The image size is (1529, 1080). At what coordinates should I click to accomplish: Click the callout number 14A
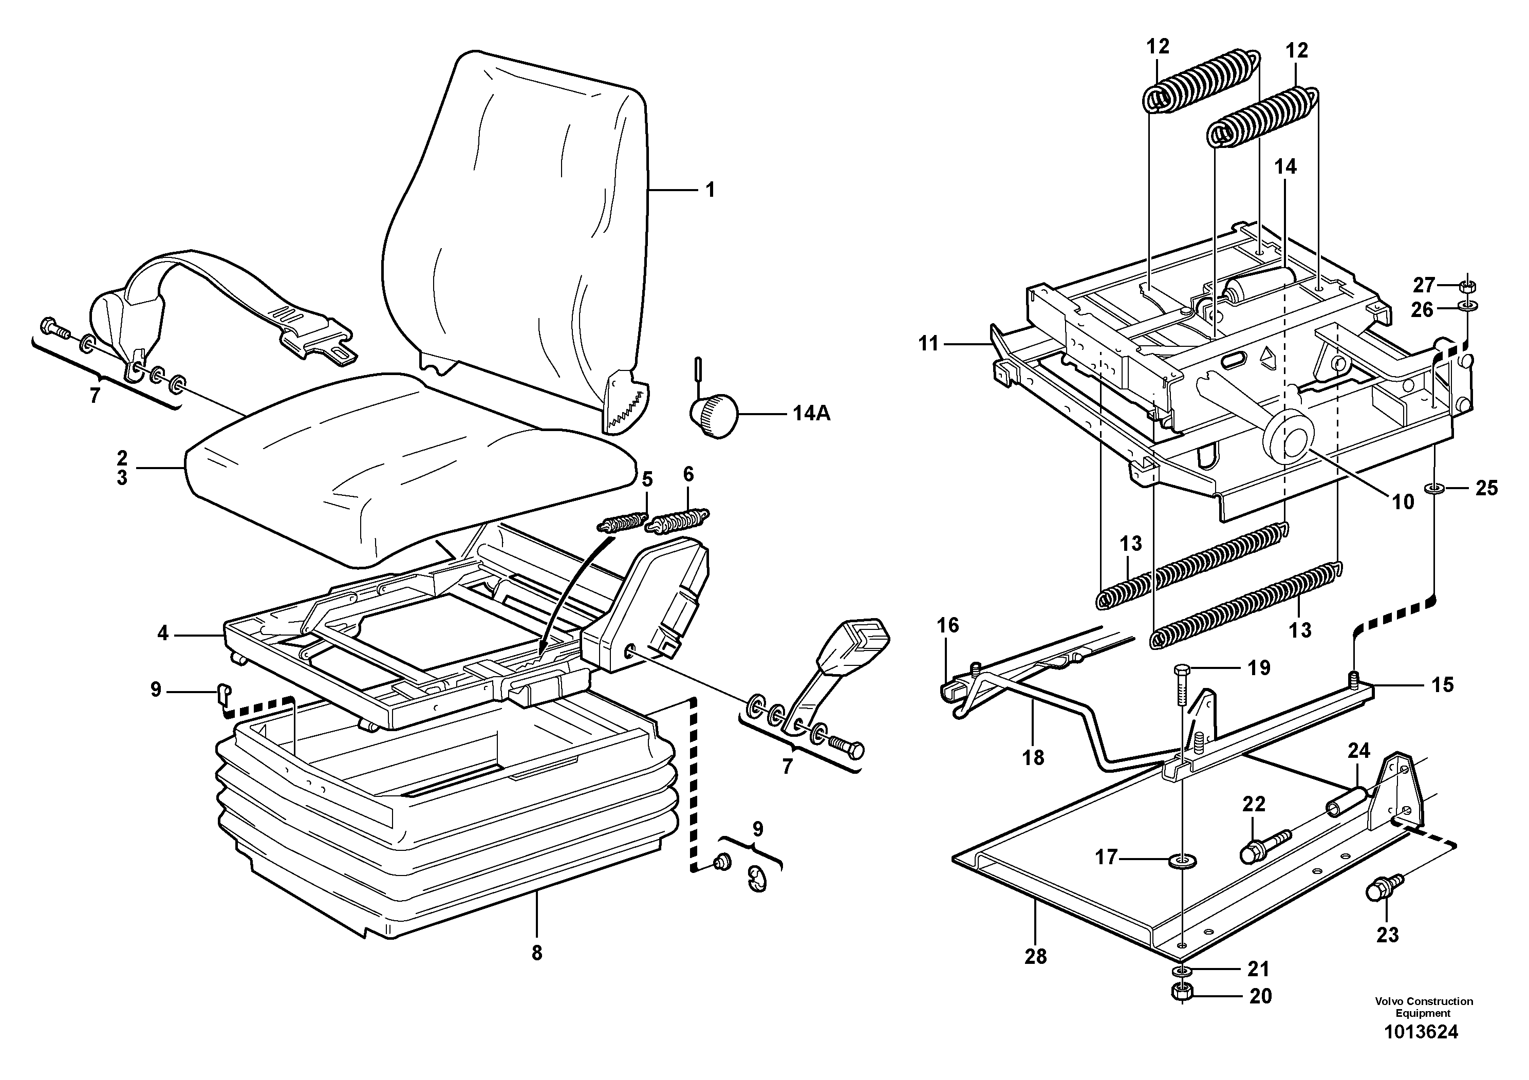click(x=811, y=414)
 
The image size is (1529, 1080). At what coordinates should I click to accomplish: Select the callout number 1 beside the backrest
click(x=710, y=191)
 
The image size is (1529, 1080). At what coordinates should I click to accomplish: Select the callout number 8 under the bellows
click(x=537, y=954)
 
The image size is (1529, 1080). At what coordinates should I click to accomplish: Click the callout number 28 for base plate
click(x=1036, y=957)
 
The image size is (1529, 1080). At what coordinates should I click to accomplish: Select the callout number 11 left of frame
click(x=928, y=344)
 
